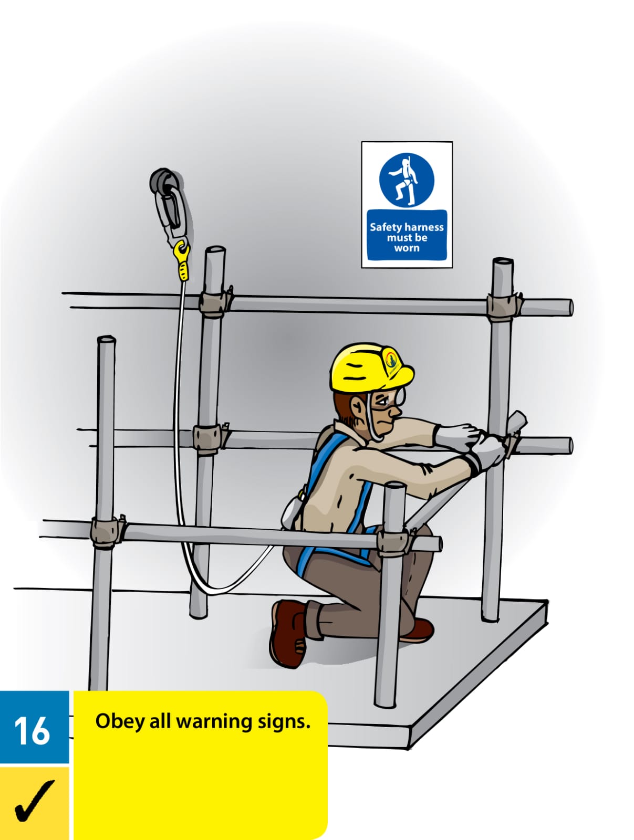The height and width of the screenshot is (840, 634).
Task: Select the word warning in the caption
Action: [214, 723]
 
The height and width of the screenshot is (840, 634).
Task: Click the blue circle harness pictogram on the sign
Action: [407, 180]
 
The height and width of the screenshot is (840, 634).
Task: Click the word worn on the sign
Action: [407, 248]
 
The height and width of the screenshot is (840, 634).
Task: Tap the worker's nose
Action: [398, 412]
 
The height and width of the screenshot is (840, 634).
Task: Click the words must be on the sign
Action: [407, 238]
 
